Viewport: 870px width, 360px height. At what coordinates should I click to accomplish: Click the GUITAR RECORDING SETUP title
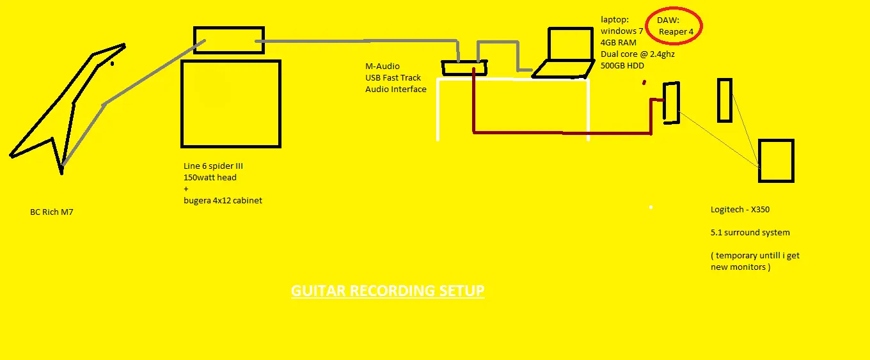(388, 291)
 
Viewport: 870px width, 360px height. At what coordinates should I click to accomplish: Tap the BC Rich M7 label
(52, 212)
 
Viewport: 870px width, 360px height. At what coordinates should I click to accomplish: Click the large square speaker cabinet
(231, 104)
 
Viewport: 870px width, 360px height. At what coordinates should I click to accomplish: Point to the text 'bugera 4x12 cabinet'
(223, 200)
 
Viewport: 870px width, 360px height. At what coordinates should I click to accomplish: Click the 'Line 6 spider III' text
(213, 166)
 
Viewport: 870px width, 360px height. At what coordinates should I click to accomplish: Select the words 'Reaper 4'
(676, 31)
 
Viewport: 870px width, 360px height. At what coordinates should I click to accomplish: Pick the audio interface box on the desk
(464, 68)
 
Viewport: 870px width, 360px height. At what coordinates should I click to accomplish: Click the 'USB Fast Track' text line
(393, 77)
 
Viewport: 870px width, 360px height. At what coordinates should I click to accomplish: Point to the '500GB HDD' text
(622, 65)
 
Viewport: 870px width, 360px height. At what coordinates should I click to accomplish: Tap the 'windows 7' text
(621, 31)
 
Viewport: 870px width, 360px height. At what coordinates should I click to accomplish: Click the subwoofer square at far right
(776, 160)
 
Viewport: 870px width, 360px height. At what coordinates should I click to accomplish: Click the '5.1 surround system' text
(750, 232)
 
